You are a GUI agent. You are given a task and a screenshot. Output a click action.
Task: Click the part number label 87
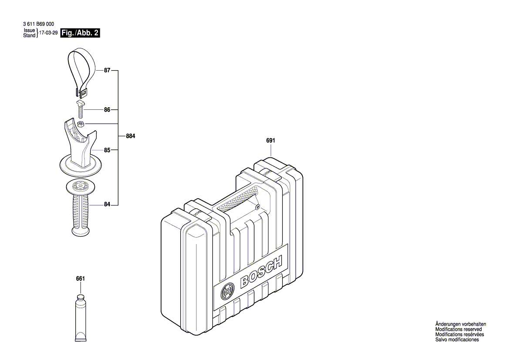click(x=107, y=70)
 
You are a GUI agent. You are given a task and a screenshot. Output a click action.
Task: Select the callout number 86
click(x=107, y=110)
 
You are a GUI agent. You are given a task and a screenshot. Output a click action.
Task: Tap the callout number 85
click(x=107, y=150)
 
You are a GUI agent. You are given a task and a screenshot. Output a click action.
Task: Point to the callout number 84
click(x=107, y=204)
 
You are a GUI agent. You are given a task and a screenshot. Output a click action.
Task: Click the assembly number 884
click(x=130, y=136)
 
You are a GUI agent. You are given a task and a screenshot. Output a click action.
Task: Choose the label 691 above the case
click(x=270, y=141)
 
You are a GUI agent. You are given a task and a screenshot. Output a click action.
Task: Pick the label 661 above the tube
click(x=80, y=278)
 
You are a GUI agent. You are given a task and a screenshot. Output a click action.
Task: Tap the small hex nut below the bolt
click(x=81, y=125)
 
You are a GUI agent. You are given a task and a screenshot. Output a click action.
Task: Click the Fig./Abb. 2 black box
click(x=80, y=33)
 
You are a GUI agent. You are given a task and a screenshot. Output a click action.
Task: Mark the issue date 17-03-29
click(x=48, y=33)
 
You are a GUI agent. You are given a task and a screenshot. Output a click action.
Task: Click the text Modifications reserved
click(x=458, y=329)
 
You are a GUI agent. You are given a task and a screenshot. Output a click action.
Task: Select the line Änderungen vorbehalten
click(x=460, y=324)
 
